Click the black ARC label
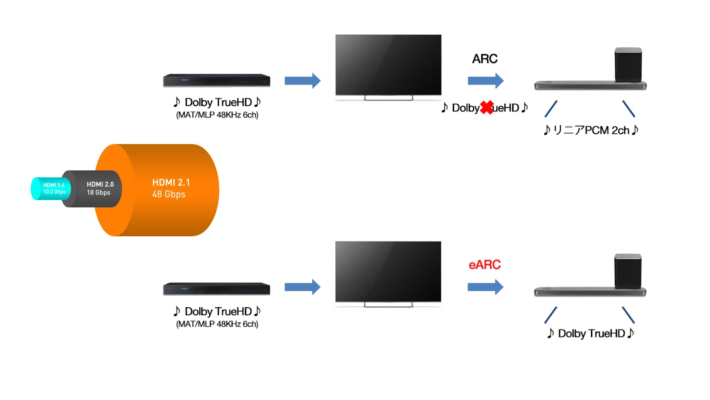point(484,59)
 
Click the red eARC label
point(484,265)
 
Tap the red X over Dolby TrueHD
point(487,108)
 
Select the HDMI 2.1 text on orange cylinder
point(171,183)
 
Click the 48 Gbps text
point(169,194)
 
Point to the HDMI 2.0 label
point(100,184)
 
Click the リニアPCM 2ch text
point(591,130)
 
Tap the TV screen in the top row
point(388,65)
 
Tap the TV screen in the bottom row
point(388,271)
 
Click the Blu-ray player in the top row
point(217,80)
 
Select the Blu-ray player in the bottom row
point(217,289)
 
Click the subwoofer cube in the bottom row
point(628,271)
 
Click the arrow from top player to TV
point(302,81)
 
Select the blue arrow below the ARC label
point(485,81)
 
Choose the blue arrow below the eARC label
point(485,287)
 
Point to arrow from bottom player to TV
point(302,287)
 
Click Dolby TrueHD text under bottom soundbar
point(591,334)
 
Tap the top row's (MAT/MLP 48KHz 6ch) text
point(217,115)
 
